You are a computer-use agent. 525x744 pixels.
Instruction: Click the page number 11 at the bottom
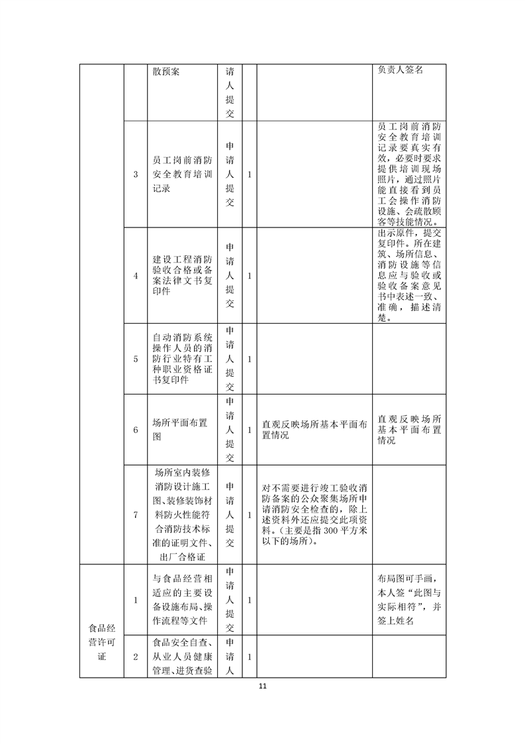(x=262, y=686)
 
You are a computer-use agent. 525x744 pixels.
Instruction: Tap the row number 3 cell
(x=135, y=174)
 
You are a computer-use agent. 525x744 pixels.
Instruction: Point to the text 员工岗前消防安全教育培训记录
(x=181, y=174)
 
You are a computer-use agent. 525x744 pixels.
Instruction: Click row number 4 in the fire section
(x=135, y=276)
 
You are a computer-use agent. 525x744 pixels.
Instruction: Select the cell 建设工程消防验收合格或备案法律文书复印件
(x=181, y=275)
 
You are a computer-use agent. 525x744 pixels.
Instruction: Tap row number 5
(x=135, y=359)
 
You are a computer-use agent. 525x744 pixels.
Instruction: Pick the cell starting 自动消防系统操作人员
(x=181, y=359)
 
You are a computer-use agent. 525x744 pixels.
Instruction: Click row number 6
(x=135, y=430)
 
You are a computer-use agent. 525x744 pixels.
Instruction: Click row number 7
(x=135, y=514)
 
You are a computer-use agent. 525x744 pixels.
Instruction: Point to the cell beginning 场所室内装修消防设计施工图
(x=181, y=514)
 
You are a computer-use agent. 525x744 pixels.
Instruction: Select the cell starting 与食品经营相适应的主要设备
(x=181, y=599)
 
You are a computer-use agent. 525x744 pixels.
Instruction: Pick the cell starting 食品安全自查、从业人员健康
(x=181, y=656)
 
